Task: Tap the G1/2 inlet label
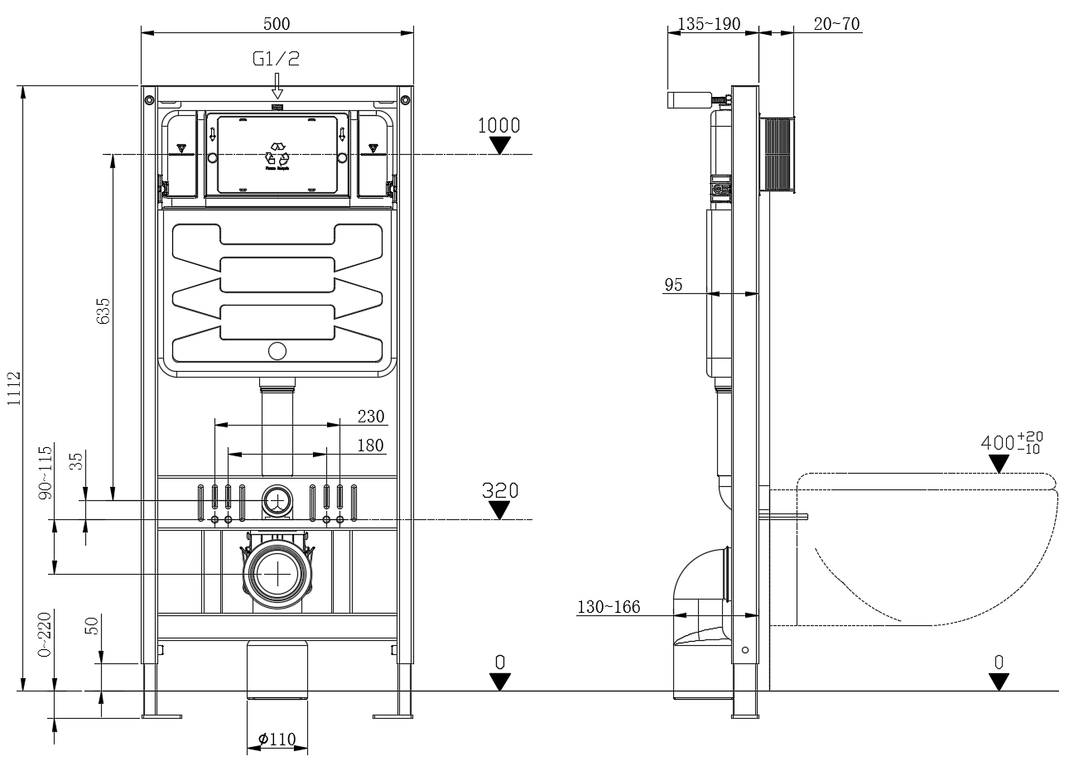click(x=277, y=59)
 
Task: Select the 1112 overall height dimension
click(x=15, y=388)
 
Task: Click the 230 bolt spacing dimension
click(x=370, y=416)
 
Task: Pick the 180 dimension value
click(x=370, y=446)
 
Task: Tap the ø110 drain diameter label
click(x=277, y=740)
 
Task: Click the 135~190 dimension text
click(x=709, y=24)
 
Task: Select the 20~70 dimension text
click(x=835, y=24)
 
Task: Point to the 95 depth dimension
click(x=673, y=285)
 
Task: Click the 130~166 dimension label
click(x=609, y=608)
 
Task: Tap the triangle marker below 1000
click(x=498, y=146)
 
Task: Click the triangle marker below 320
click(x=498, y=511)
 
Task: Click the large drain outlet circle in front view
click(x=277, y=574)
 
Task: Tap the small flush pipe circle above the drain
click(x=277, y=500)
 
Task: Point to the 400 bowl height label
click(x=1011, y=442)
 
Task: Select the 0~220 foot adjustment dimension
click(x=46, y=634)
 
